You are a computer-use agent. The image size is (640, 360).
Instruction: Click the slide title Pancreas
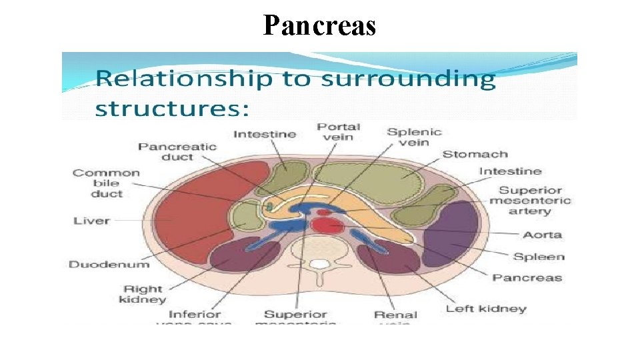pyautogui.click(x=319, y=25)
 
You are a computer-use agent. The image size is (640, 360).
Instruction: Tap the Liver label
pyautogui.click(x=92, y=221)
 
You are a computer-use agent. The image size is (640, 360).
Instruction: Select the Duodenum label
pyautogui.click(x=109, y=264)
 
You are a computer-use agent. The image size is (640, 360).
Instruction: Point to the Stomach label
pyautogui.click(x=475, y=155)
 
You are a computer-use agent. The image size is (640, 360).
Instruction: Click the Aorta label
pyautogui.click(x=543, y=235)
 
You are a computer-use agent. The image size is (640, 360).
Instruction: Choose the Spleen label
pyautogui.click(x=539, y=257)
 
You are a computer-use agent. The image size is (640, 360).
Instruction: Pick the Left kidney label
pyautogui.click(x=486, y=309)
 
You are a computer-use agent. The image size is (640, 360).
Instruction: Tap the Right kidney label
pyautogui.click(x=142, y=294)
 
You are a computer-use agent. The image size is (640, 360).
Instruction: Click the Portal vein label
pyautogui.click(x=339, y=132)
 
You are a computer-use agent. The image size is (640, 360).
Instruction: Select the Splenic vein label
pyautogui.click(x=414, y=137)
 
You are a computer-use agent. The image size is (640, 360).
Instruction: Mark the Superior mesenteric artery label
pyautogui.click(x=530, y=200)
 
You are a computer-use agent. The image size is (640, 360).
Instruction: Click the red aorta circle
pyautogui.click(x=326, y=226)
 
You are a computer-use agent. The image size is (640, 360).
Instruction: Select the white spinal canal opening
pyautogui.click(x=321, y=264)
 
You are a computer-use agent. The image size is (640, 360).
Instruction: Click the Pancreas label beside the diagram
pyautogui.click(x=527, y=278)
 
